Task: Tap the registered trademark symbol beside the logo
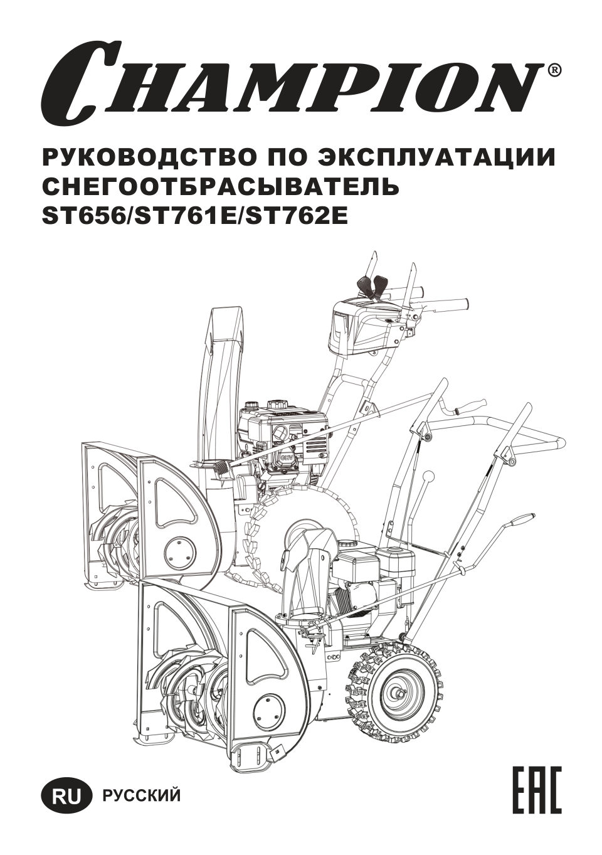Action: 555,70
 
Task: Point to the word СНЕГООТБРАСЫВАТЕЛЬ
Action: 219,187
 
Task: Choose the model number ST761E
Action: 184,216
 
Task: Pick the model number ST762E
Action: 295,216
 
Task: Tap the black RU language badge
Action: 66,796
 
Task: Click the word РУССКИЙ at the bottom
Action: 141,796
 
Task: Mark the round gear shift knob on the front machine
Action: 429,477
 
